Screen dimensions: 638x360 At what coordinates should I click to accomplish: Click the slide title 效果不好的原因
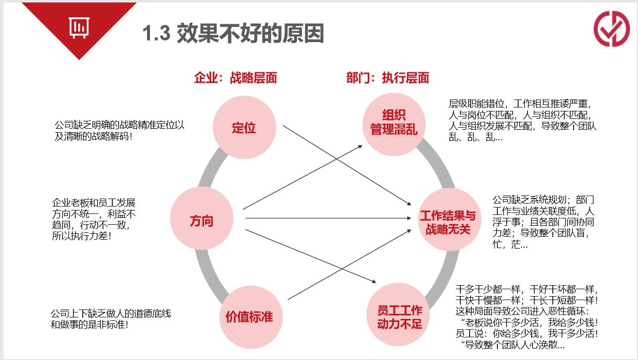pos(250,33)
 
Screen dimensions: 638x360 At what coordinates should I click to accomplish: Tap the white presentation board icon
pos(79,28)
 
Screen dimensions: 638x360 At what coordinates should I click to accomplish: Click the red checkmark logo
pos(612,29)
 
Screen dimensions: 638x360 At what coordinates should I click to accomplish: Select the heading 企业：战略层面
pos(236,78)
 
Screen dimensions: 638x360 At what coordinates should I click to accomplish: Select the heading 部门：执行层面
pos(388,78)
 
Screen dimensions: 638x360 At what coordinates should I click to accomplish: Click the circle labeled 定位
pos(245,127)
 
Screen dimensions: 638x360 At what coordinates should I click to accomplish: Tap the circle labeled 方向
pos(201,218)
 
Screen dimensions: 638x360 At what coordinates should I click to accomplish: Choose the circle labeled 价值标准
pos(251,317)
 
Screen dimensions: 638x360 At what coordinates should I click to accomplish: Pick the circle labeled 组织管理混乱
pos(394,125)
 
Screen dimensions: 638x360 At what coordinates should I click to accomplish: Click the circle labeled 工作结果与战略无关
pos(450,219)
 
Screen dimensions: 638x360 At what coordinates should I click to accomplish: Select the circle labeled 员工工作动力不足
pos(398,314)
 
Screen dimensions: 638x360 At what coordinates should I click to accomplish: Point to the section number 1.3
pos(156,33)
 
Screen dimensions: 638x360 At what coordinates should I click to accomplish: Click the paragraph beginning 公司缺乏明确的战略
pos(119,131)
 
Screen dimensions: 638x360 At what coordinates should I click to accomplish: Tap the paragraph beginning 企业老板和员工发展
pos(94,219)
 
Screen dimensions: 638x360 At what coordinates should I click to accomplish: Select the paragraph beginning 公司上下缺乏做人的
pos(111,319)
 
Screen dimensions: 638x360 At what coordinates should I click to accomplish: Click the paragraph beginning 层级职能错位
pos(522,120)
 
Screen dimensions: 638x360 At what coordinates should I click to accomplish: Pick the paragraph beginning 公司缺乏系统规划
pos(543,222)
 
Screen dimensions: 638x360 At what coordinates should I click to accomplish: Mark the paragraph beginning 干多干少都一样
pos(526,317)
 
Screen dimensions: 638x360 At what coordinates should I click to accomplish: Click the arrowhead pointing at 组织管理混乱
pos(360,147)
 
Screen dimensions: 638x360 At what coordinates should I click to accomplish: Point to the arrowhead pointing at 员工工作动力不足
pos(374,281)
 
